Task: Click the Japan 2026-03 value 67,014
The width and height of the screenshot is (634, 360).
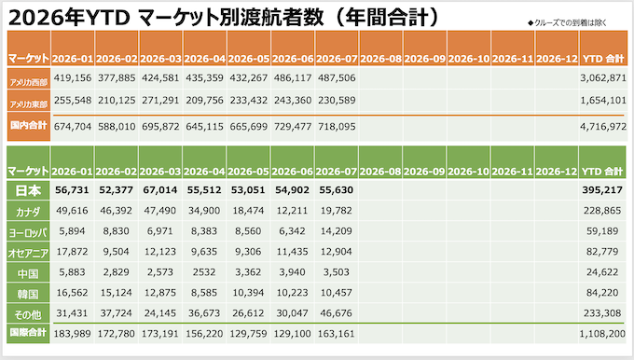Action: click(x=160, y=190)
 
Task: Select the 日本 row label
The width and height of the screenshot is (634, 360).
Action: click(x=28, y=191)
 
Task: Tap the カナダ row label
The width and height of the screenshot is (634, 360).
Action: click(x=28, y=212)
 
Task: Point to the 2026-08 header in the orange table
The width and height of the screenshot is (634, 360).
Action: click(x=380, y=59)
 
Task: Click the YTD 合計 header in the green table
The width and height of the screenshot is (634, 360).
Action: click(x=602, y=172)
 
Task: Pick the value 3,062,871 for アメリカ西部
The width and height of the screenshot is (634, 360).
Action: click(x=603, y=77)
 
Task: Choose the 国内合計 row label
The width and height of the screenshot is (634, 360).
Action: click(x=28, y=125)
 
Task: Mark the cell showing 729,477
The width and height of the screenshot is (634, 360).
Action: click(x=293, y=127)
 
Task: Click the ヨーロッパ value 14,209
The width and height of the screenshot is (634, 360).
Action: click(x=336, y=231)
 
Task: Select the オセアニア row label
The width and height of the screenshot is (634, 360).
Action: click(x=28, y=254)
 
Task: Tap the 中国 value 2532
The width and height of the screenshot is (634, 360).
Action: click(x=204, y=272)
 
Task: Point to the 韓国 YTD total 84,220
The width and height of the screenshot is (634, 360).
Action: click(x=602, y=293)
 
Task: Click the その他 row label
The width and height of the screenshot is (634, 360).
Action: click(x=28, y=314)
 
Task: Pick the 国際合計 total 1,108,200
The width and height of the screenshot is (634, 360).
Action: click(x=602, y=334)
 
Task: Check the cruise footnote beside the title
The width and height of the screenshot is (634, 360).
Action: click(x=567, y=23)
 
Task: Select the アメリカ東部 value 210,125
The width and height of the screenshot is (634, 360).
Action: click(x=117, y=100)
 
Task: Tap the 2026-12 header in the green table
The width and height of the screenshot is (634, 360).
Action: click(x=557, y=172)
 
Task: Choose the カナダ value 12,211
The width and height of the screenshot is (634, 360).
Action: click(x=292, y=211)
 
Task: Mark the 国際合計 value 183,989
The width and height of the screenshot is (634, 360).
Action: click(x=73, y=334)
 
